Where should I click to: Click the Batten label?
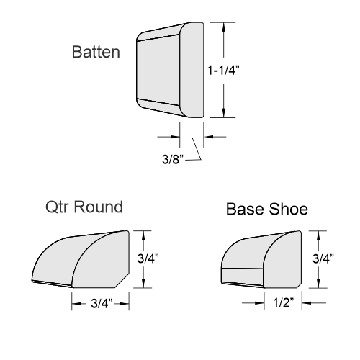(x=96, y=52)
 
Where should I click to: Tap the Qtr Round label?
(x=84, y=207)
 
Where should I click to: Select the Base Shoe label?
(x=267, y=209)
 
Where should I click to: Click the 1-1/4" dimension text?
(x=223, y=71)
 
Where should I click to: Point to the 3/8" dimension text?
(x=173, y=159)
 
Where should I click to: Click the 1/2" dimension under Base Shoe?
(x=284, y=302)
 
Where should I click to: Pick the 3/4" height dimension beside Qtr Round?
(x=148, y=258)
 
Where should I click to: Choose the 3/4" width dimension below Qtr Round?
(x=102, y=303)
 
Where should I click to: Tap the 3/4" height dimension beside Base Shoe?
(x=323, y=258)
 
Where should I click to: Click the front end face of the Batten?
(x=192, y=70)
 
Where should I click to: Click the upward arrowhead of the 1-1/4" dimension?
(x=224, y=27)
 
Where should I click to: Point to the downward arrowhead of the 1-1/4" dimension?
(x=224, y=113)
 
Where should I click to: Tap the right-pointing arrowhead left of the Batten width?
(x=175, y=137)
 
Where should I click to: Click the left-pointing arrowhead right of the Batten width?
(x=208, y=137)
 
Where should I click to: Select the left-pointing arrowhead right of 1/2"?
(x=307, y=303)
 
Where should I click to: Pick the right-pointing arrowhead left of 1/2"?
(x=260, y=303)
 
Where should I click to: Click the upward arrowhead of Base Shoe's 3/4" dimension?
(x=318, y=235)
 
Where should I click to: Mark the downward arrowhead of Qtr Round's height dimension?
(x=143, y=283)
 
